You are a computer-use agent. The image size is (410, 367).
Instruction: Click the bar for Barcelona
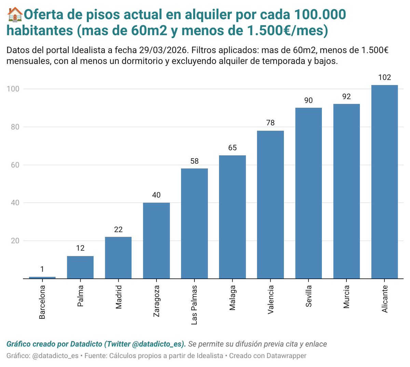[42, 277]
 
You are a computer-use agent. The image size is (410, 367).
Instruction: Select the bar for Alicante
[384, 182]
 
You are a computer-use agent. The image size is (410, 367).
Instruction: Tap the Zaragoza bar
[156, 240]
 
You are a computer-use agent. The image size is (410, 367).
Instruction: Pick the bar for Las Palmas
[194, 223]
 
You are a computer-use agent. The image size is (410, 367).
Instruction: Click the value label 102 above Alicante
[384, 78]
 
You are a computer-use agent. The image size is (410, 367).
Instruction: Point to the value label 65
[232, 148]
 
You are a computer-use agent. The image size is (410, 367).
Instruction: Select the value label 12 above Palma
[80, 248]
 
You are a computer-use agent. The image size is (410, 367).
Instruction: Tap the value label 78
[270, 123]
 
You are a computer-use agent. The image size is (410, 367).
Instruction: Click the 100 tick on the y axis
[13, 89]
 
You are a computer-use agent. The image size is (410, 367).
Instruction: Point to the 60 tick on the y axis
[15, 165]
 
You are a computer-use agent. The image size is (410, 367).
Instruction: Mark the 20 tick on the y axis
[15, 241]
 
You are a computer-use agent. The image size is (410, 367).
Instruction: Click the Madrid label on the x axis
[119, 297]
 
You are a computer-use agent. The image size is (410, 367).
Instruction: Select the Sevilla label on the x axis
[309, 296]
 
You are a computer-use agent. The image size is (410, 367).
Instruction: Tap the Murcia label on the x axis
[346, 297]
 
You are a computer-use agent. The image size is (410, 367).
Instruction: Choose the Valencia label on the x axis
[271, 300]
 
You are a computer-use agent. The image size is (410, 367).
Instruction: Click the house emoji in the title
[15, 15]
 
